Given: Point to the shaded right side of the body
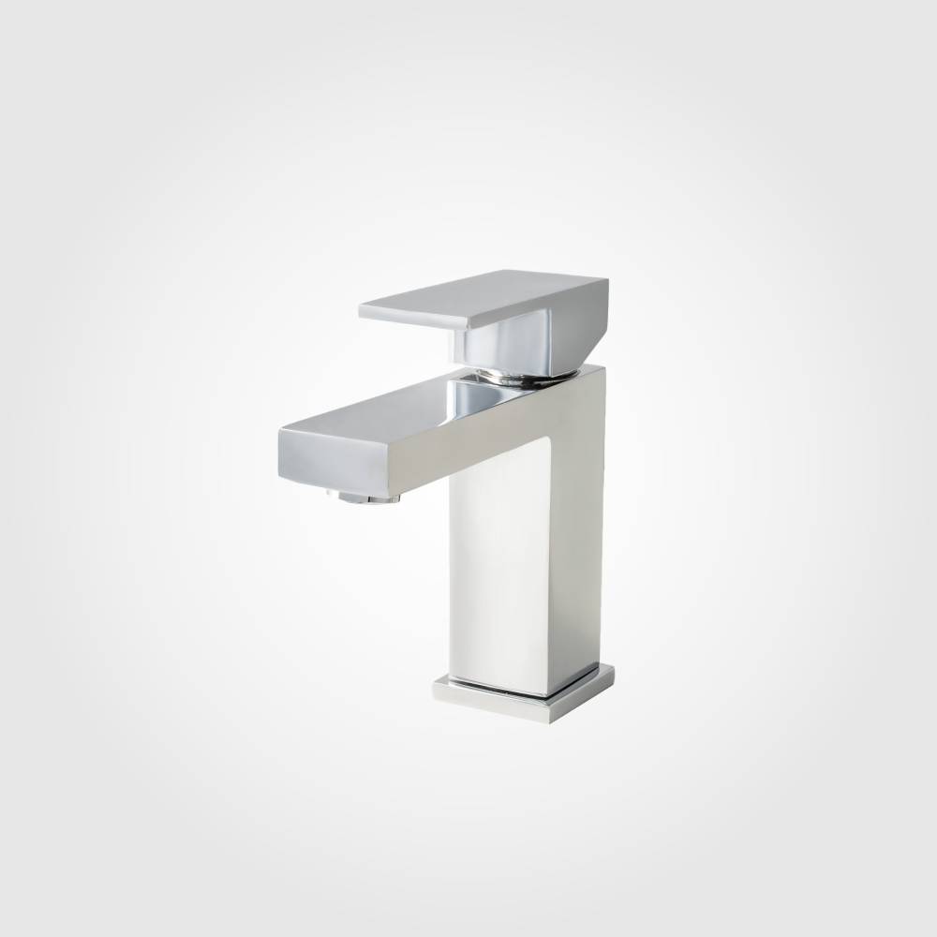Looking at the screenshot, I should [587, 525].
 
